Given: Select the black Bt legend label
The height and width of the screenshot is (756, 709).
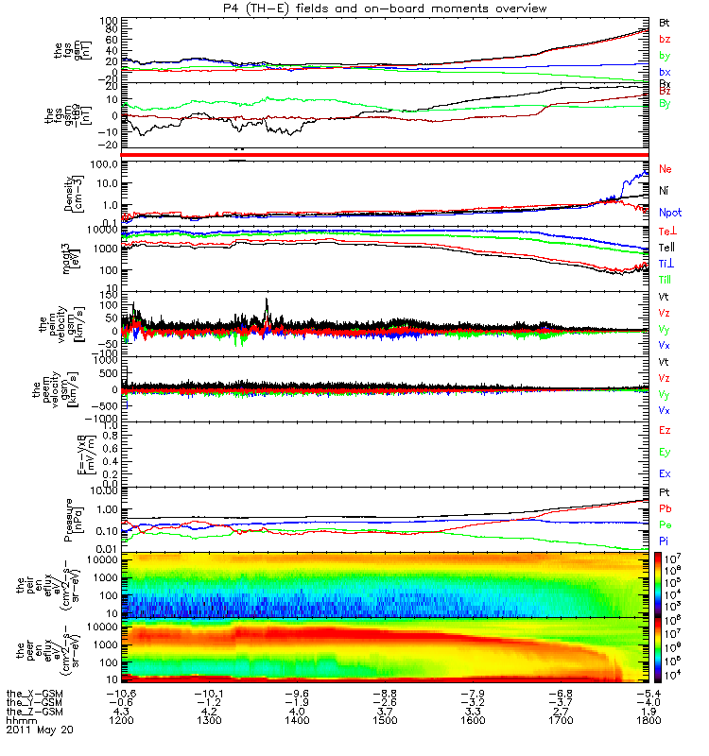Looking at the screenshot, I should [665, 21].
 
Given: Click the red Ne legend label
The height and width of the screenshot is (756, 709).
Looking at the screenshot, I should [665, 169].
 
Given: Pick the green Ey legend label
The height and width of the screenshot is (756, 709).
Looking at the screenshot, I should [665, 452].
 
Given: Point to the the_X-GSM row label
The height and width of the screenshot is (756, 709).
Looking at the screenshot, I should [34, 693].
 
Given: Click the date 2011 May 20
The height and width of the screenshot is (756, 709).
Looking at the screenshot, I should [39, 730].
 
